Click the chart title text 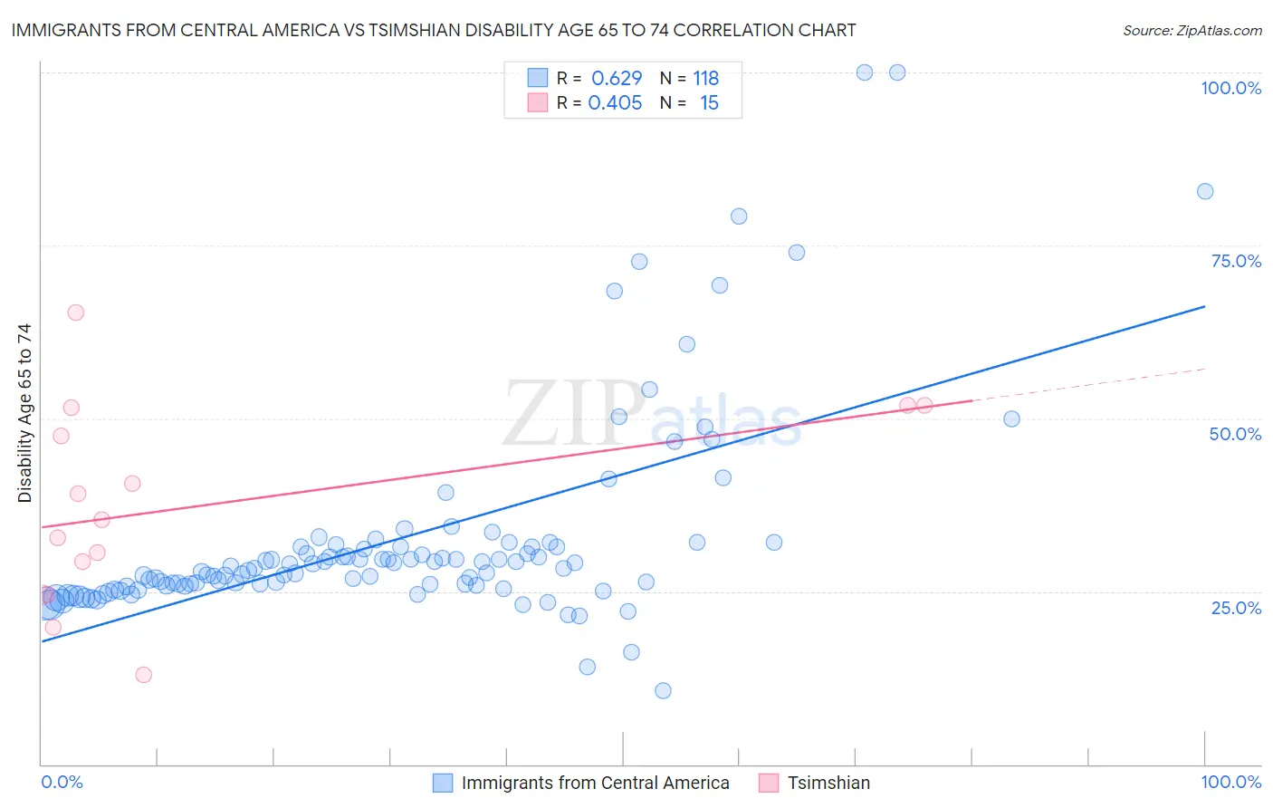434,31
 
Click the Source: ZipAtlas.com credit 1192,31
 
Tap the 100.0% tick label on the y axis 1230,88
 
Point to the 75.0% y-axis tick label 1236,261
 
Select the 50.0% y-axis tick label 1235,434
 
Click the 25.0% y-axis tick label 1236,608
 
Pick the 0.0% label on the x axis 62,782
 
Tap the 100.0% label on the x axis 1230,782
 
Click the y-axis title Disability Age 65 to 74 25,413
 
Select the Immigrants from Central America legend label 595,783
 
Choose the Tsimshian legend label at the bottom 828,783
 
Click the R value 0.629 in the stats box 617,79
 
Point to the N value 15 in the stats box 709,103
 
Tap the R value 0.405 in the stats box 615,103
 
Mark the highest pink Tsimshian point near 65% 76,313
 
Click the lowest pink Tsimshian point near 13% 143,675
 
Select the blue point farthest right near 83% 1205,191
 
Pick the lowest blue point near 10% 663,691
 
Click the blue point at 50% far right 1012,419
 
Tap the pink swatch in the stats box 538,102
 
